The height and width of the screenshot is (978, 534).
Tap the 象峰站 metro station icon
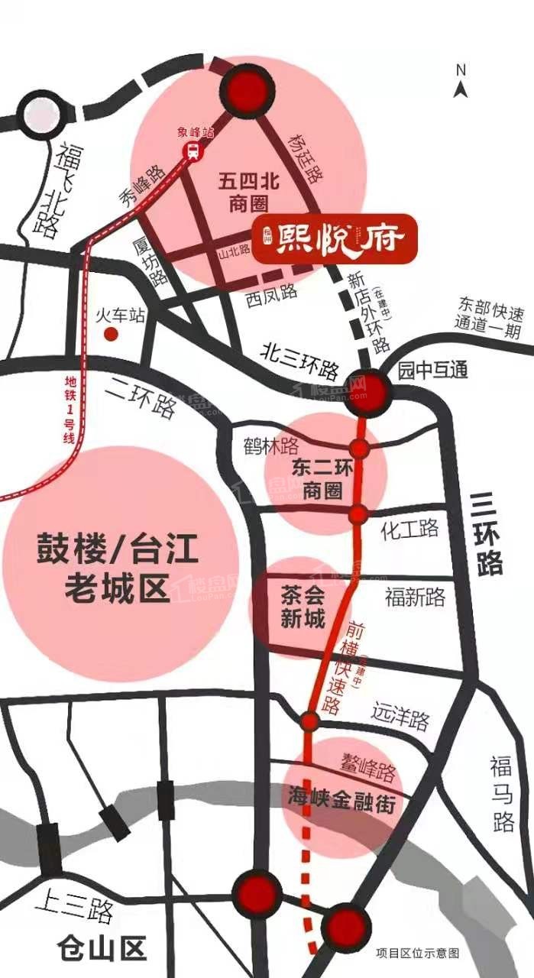coord(193,151)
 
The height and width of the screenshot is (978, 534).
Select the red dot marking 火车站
coord(112,334)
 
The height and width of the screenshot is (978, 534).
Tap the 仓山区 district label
coord(102,950)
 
